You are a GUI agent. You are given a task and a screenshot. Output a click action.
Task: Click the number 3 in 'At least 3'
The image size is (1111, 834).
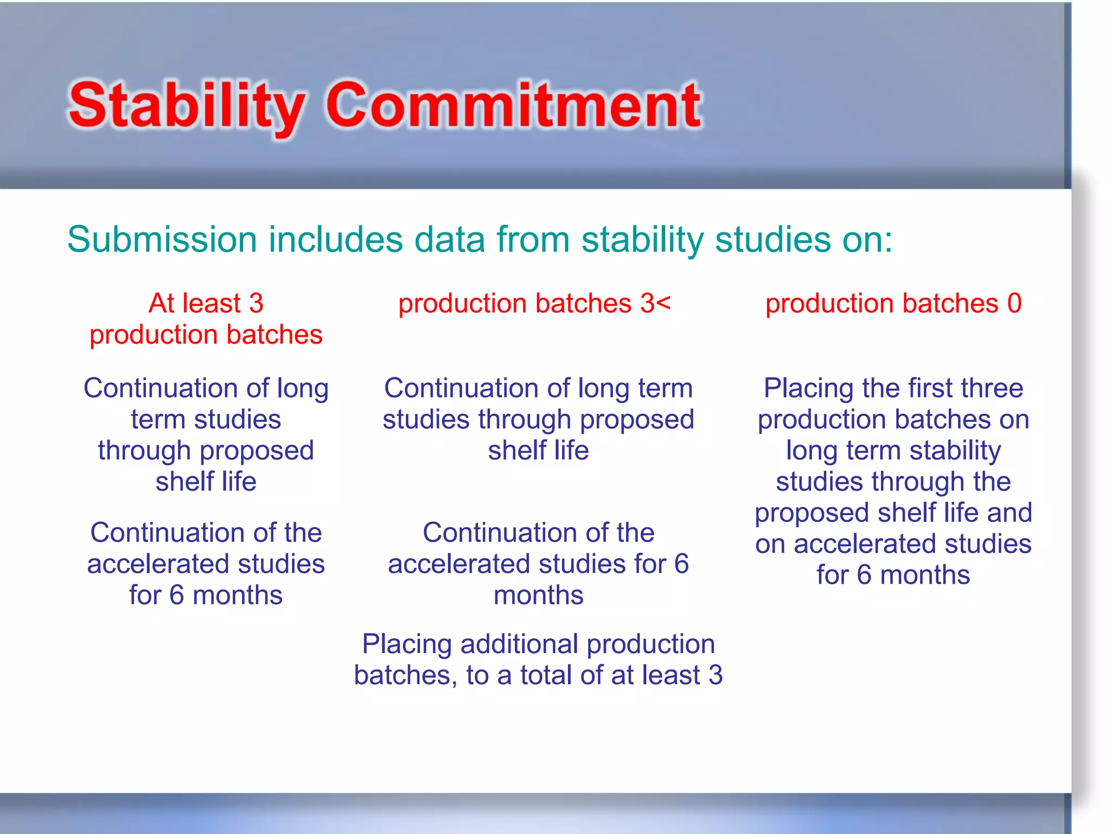(x=256, y=303)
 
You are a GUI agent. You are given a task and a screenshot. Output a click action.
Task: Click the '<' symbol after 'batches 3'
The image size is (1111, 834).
(x=663, y=303)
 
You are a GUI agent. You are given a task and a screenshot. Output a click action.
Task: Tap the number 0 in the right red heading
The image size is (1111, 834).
(x=1014, y=303)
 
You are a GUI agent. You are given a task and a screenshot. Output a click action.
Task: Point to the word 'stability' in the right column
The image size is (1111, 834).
(x=955, y=451)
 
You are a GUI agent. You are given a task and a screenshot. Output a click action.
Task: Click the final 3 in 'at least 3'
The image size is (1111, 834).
(x=716, y=675)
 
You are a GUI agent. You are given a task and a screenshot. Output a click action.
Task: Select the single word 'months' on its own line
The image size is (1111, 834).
(x=538, y=596)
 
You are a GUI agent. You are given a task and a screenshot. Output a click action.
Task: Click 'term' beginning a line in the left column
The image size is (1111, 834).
(x=158, y=420)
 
